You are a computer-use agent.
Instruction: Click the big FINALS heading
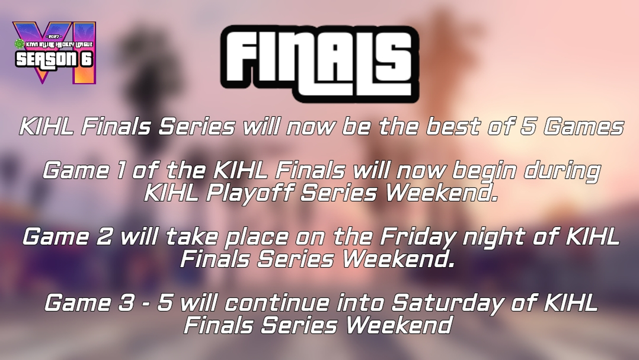(319, 64)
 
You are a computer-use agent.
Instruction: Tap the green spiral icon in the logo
(19, 43)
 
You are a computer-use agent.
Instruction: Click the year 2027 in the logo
(54, 37)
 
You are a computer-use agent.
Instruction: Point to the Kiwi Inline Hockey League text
(59, 44)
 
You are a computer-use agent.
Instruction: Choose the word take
(191, 237)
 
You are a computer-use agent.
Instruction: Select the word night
(494, 239)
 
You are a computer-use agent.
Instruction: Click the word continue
(276, 303)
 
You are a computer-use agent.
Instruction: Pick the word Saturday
(447, 305)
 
